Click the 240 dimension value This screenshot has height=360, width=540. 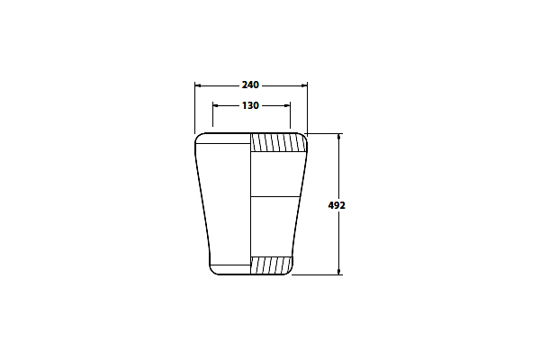tap(250, 85)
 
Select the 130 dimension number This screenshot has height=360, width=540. tap(250, 105)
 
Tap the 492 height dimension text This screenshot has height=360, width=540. tap(337, 205)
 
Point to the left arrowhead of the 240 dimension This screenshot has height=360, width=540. tap(198, 85)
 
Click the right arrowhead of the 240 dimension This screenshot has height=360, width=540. tap(304, 85)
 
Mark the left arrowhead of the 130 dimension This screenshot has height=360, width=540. tap(216, 106)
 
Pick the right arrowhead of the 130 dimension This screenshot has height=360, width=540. tap(287, 106)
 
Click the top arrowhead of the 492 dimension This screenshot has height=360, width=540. tap(339, 137)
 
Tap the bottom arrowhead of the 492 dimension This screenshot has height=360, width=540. tap(339, 272)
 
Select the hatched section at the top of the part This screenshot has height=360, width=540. tap(278, 142)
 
